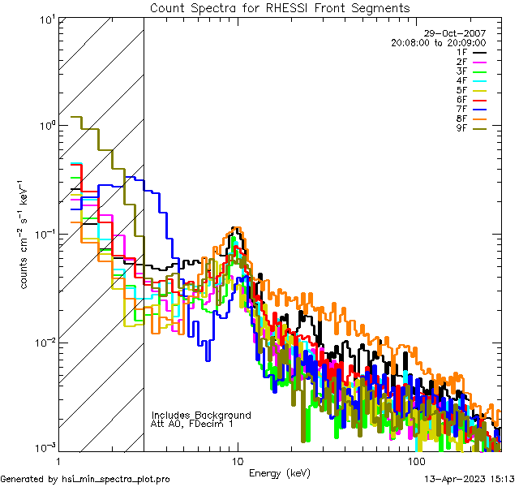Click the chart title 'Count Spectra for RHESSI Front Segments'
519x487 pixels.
pos(280,7)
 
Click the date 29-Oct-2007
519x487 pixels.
pos(460,33)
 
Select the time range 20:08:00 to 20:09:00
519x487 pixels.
pos(438,42)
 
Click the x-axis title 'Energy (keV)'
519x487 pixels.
pos(280,473)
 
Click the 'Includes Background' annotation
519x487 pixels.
pos(201,415)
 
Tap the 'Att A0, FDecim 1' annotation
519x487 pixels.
pos(192,424)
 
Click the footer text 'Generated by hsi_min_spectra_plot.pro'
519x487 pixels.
pos(85,479)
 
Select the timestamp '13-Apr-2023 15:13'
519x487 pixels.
pos(466,479)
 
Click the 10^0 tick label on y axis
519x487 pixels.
pos(45,126)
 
